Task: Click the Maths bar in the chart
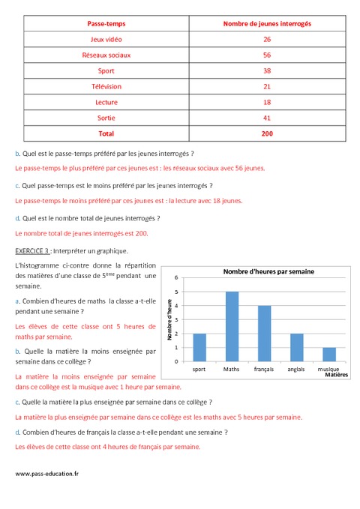[x=232, y=327]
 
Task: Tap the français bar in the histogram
[x=264, y=334]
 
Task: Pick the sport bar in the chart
[x=199, y=347]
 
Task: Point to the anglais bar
[x=295, y=347]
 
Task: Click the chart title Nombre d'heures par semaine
[x=268, y=271]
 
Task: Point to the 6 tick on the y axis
[x=176, y=277]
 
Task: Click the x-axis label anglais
[x=295, y=370]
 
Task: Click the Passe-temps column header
[x=106, y=24]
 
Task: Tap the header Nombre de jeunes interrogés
[x=267, y=24]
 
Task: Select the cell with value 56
[x=267, y=55]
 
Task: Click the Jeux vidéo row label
[x=106, y=39]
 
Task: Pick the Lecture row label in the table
[x=106, y=102]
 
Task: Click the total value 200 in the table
[x=267, y=133]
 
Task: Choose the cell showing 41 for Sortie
[x=267, y=118]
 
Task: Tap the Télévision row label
[x=106, y=86]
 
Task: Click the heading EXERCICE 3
[x=31, y=250]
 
